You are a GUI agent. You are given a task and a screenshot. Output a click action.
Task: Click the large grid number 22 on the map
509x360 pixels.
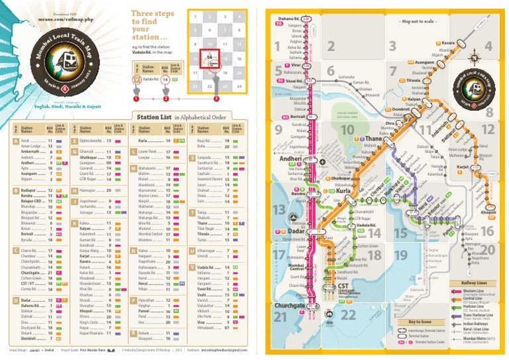coord(347,314)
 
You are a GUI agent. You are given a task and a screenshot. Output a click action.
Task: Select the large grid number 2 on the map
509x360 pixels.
coord(333,46)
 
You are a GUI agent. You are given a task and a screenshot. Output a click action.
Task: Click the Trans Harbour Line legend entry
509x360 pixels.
coord(475,314)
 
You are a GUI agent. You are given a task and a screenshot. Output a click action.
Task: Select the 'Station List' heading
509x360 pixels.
coord(154,117)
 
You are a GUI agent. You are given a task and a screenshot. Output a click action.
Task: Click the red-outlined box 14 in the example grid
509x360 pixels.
coord(209,58)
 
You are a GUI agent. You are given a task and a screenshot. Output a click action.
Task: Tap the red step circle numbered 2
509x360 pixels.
coord(166,98)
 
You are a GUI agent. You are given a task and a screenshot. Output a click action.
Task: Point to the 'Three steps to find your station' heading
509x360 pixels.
coord(152,25)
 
